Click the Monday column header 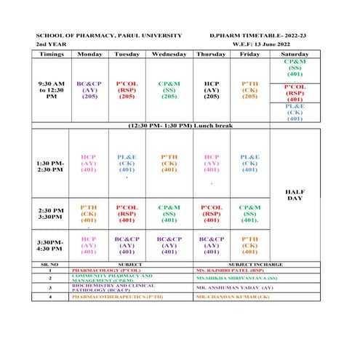[x=89, y=54]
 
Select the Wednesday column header [x=169, y=54]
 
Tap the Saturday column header [x=295, y=54]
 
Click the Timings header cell [x=51, y=54]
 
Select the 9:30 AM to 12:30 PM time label [x=51, y=89]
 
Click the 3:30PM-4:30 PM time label [x=51, y=245]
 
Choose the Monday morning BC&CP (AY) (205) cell [x=89, y=89]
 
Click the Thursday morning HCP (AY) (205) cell [x=211, y=89]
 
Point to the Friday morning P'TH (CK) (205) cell [x=249, y=89]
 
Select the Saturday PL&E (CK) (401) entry [x=295, y=112]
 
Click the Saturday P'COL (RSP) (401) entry [x=295, y=92]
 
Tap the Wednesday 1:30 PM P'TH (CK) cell [x=169, y=163]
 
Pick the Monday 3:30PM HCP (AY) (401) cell [x=89, y=245]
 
